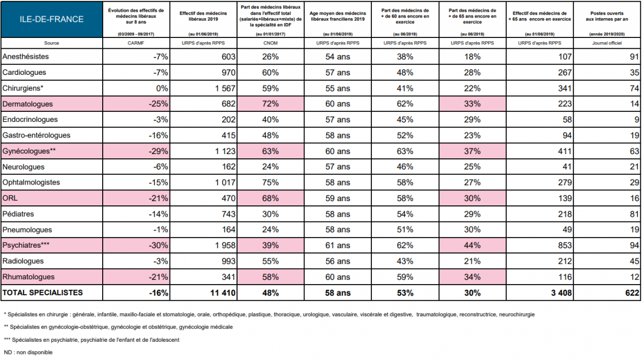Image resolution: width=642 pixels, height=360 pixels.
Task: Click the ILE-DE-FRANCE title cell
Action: click(51, 19)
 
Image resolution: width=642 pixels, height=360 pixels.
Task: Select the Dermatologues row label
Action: click(27, 104)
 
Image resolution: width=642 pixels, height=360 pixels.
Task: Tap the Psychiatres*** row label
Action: click(26, 245)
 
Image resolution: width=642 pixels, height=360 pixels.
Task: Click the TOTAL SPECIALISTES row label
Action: click(42, 293)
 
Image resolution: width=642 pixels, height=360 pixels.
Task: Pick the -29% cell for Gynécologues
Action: click(158, 151)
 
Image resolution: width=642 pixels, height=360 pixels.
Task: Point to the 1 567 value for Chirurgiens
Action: click(225, 88)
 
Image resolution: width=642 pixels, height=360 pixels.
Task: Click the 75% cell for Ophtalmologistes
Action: click(270, 182)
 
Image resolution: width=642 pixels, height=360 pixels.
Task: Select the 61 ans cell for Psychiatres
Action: click(338, 246)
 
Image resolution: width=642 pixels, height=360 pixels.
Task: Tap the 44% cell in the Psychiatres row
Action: click(472, 246)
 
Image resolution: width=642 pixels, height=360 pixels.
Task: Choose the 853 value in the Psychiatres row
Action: click(564, 246)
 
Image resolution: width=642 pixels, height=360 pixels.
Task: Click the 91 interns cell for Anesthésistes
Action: click(635, 57)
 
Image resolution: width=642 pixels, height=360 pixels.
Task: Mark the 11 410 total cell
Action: click(223, 293)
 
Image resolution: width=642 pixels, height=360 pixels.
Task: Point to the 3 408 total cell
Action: click(561, 293)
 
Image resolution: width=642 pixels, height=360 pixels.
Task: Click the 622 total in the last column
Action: click(632, 293)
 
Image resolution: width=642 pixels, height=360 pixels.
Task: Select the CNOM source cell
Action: click(270, 43)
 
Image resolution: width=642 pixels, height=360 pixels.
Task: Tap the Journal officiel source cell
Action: click(607, 43)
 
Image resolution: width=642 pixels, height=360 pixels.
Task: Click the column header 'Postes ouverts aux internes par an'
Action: click(607, 17)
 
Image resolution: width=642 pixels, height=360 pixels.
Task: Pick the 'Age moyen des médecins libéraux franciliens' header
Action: click(338, 17)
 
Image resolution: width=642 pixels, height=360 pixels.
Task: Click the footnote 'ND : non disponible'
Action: click(28, 353)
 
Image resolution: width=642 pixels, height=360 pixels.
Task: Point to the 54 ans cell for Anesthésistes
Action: click(338, 57)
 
